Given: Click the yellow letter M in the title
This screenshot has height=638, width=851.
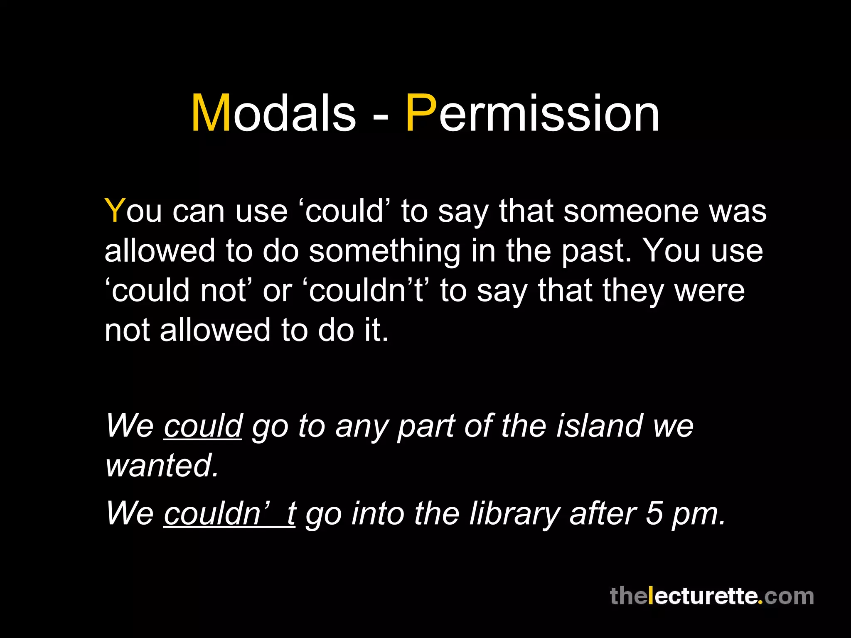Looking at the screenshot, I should [x=211, y=113].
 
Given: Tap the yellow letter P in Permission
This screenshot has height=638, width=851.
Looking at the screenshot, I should [x=421, y=113].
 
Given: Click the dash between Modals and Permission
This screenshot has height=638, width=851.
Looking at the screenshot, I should [x=380, y=117].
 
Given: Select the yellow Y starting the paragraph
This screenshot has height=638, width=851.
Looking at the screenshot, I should [x=115, y=211].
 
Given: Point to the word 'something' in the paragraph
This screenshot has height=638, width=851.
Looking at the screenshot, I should [x=384, y=251].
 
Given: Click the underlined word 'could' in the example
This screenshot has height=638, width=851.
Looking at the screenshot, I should [x=203, y=426].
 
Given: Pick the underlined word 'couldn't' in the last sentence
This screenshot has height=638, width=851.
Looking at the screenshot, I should [x=229, y=513].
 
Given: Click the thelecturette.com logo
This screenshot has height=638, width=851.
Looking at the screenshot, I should [x=711, y=596].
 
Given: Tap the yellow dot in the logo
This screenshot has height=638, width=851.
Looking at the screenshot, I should [x=760, y=603].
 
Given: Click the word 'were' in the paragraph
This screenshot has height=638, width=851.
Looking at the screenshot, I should [x=709, y=291].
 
